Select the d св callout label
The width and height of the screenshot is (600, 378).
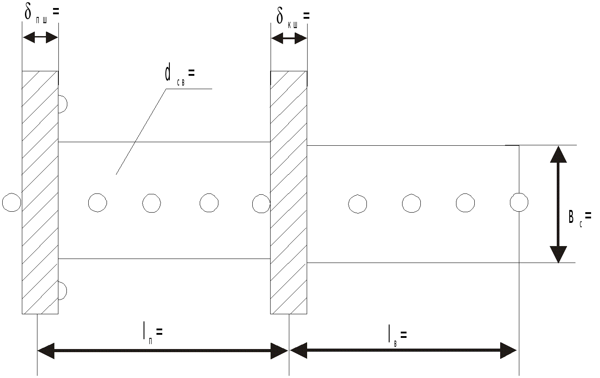[180, 76]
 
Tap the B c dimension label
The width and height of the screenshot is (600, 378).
[579, 218]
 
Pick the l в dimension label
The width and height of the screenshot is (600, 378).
[398, 336]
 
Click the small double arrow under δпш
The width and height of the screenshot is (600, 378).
[40, 37]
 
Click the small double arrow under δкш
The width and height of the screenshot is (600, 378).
[289, 39]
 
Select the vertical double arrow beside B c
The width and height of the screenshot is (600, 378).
[558, 204]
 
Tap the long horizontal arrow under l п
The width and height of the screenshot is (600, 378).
[163, 351]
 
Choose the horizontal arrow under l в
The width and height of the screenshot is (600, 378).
[403, 350]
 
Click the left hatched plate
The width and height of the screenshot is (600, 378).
[40, 193]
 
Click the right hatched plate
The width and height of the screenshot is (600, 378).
[289, 193]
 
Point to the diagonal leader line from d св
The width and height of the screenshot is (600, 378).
[141, 132]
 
